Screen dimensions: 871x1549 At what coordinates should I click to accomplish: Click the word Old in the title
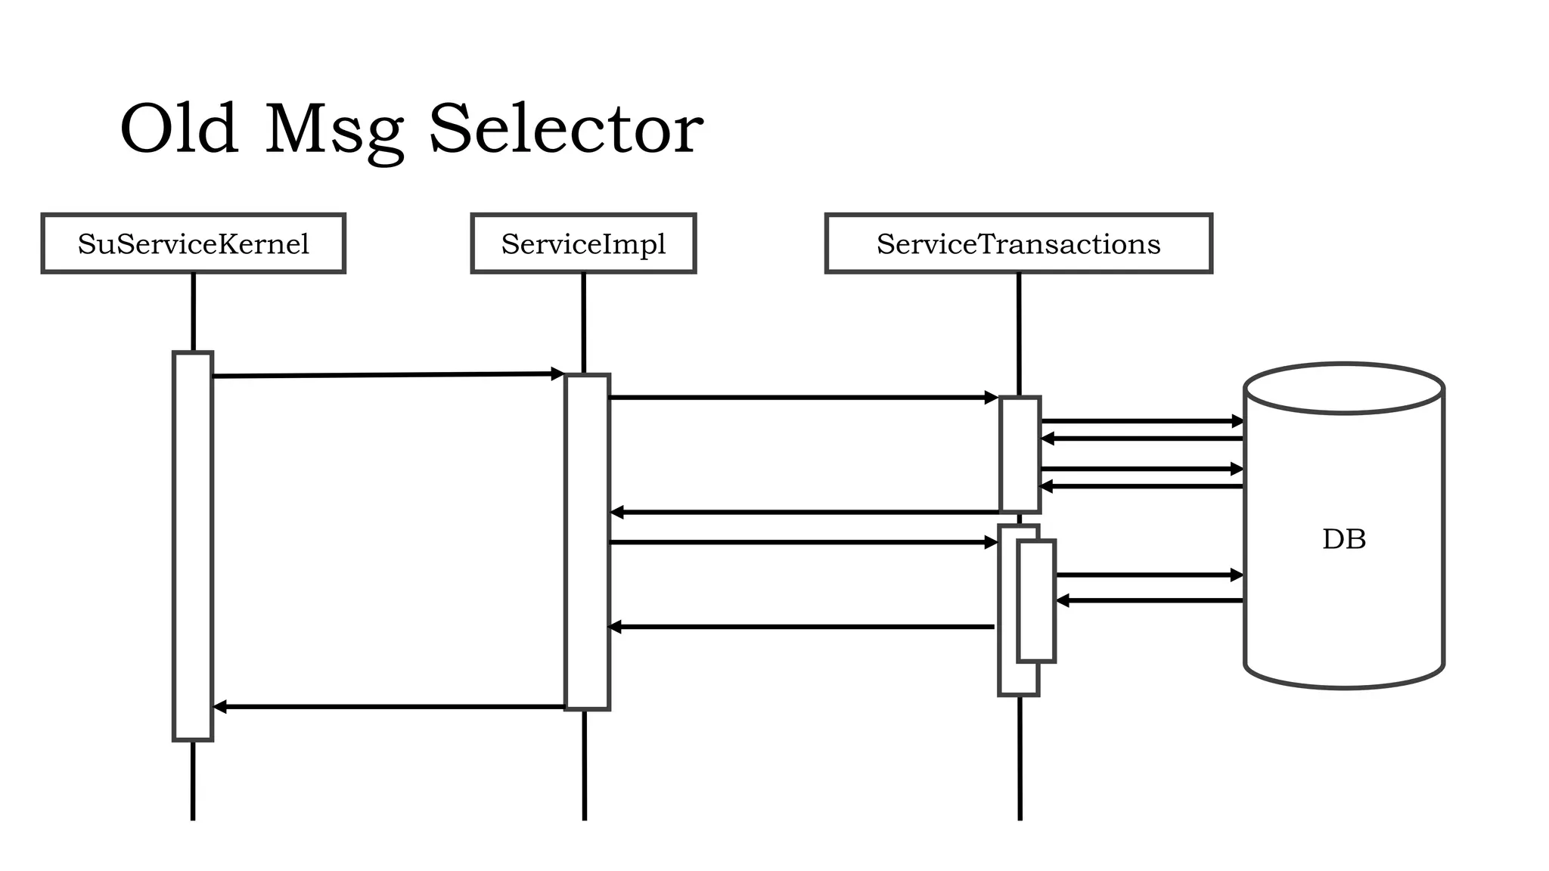(178, 130)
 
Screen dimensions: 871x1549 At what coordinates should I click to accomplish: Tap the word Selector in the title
(566, 130)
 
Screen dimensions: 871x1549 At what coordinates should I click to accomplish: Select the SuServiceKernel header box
(194, 243)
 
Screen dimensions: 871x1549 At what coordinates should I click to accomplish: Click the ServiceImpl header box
(583, 243)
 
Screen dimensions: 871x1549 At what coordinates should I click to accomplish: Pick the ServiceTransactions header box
(1018, 243)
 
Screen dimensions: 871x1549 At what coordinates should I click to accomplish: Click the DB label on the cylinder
(1344, 539)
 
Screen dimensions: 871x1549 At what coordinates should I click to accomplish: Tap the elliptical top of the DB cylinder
(1344, 389)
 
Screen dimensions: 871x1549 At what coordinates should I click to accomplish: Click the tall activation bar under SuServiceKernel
(193, 544)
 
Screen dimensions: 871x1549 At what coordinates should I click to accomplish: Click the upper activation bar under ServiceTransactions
(1020, 454)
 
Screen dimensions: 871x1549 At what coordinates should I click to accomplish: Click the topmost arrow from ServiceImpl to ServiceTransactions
(802, 397)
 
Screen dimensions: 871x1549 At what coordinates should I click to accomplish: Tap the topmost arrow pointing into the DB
(1142, 421)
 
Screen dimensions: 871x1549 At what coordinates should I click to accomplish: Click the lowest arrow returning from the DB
(1150, 600)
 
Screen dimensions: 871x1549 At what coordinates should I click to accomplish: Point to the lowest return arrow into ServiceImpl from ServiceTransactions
(802, 627)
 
